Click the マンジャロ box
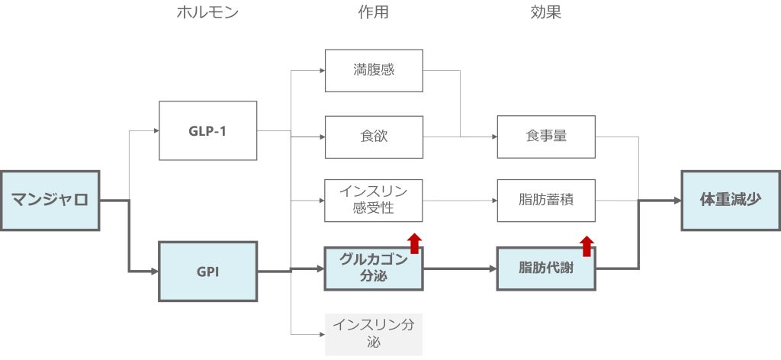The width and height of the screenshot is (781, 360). coord(50,201)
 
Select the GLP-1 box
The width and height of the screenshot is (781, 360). coord(207,130)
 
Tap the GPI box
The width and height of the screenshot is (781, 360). coord(207,271)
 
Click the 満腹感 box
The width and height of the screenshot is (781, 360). coord(374,71)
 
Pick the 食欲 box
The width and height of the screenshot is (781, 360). coord(374,137)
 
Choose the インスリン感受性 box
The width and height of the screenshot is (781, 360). coord(374,201)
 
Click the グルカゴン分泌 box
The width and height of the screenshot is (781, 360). coord(374,268)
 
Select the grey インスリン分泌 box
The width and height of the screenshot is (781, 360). coord(374,334)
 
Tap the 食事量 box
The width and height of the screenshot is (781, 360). coord(545,137)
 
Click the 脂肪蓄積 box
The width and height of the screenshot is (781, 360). coord(545,201)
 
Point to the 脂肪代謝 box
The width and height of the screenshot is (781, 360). coord(545,268)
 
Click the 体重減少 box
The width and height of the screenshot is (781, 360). coord(730,201)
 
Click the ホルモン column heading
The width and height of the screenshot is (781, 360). coord(207,13)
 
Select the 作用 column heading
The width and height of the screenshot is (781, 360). coord(374,13)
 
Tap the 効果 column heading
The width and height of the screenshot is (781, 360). coord(545,13)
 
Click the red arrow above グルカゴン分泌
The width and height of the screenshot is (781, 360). coord(414,243)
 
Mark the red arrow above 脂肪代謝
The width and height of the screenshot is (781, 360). coord(586,246)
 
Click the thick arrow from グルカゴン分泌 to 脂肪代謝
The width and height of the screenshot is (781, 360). coord(460,268)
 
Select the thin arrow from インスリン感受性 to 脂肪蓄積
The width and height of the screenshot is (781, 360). coord(460,201)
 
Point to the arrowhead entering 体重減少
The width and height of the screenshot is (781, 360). coord(676,201)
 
